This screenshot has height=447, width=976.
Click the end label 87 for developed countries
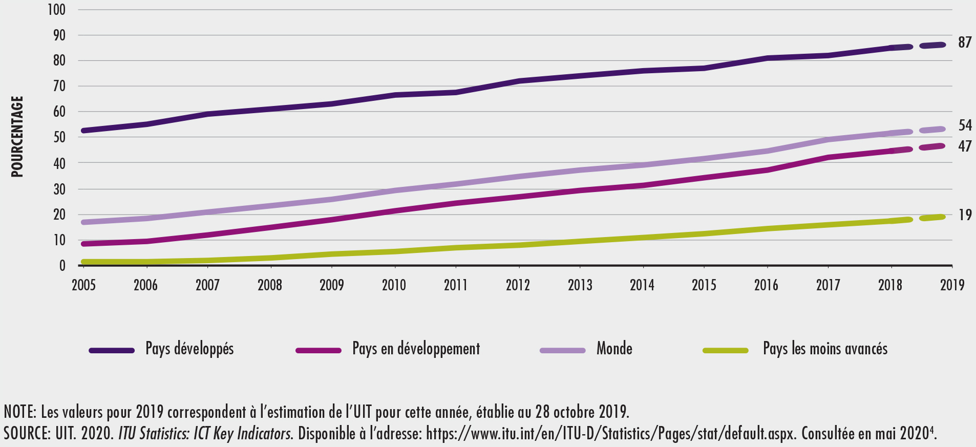click(965, 42)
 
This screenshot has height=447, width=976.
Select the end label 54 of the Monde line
click(965, 125)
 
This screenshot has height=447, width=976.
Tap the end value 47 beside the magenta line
click(965, 146)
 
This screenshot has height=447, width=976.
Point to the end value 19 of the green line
click(965, 215)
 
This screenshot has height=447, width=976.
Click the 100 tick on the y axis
click(56, 10)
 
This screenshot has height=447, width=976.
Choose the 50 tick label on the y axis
click(59, 137)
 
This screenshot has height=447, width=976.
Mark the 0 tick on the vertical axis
click(62, 266)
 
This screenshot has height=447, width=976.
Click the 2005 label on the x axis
click(83, 285)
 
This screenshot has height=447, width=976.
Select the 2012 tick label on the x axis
click(518, 285)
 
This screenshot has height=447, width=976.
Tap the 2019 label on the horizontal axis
click(952, 285)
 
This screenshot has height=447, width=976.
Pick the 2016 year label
click(766, 285)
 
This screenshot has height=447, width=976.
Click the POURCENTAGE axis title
click(17, 137)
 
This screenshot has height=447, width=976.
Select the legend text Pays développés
click(189, 349)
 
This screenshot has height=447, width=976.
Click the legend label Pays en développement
click(416, 349)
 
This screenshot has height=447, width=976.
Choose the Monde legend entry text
click(614, 349)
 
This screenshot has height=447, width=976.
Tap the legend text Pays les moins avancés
click(825, 349)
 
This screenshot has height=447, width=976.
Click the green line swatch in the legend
click(725, 351)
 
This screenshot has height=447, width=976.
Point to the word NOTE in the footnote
click(18, 412)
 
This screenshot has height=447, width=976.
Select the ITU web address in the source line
click(611, 434)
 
